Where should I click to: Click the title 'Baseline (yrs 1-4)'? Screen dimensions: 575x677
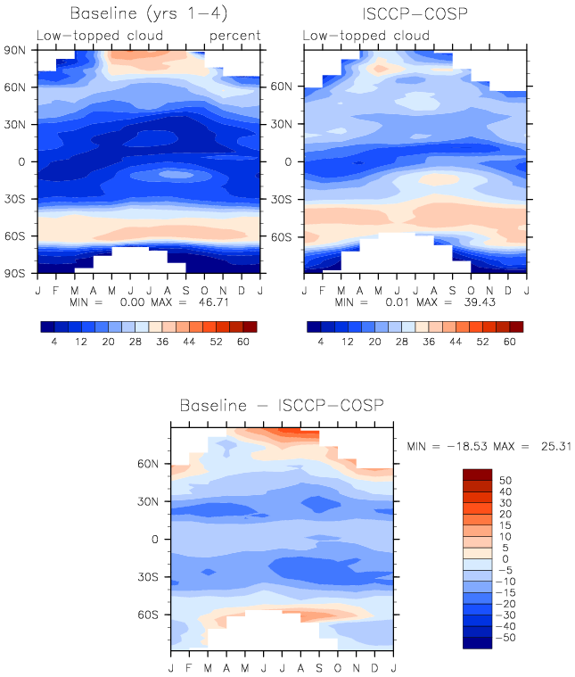click(x=149, y=13)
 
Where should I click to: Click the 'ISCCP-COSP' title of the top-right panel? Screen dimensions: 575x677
click(x=415, y=14)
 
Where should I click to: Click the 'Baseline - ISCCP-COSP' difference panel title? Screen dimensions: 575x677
click(x=282, y=406)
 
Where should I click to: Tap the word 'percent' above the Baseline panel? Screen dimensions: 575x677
click(x=234, y=36)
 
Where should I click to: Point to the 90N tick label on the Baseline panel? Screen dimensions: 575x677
click(x=15, y=51)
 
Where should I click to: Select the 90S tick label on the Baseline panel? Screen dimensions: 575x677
click(x=15, y=273)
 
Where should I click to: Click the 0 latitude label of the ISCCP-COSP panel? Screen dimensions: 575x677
click(x=288, y=162)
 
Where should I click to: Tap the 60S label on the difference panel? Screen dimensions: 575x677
click(x=148, y=615)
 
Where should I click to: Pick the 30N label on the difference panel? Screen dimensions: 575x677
click(x=148, y=501)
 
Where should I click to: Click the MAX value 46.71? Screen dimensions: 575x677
click(x=214, y=302)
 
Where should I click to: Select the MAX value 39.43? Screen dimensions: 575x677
click(x=480, y=302)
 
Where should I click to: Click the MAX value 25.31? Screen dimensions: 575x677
click(x=556, y=447)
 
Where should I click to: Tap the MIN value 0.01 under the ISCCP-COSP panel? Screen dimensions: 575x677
click(x=397, y=302)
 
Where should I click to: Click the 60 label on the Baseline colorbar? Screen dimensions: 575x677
click(x=243, y=342)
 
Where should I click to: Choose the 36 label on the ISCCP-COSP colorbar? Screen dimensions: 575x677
click(x=429, y=342)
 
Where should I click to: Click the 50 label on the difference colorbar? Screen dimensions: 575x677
click(x=505, y=481)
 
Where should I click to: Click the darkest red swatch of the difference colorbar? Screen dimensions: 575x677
click(x=478, y=475)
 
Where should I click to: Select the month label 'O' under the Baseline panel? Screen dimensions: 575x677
click(x=205, y=291)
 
